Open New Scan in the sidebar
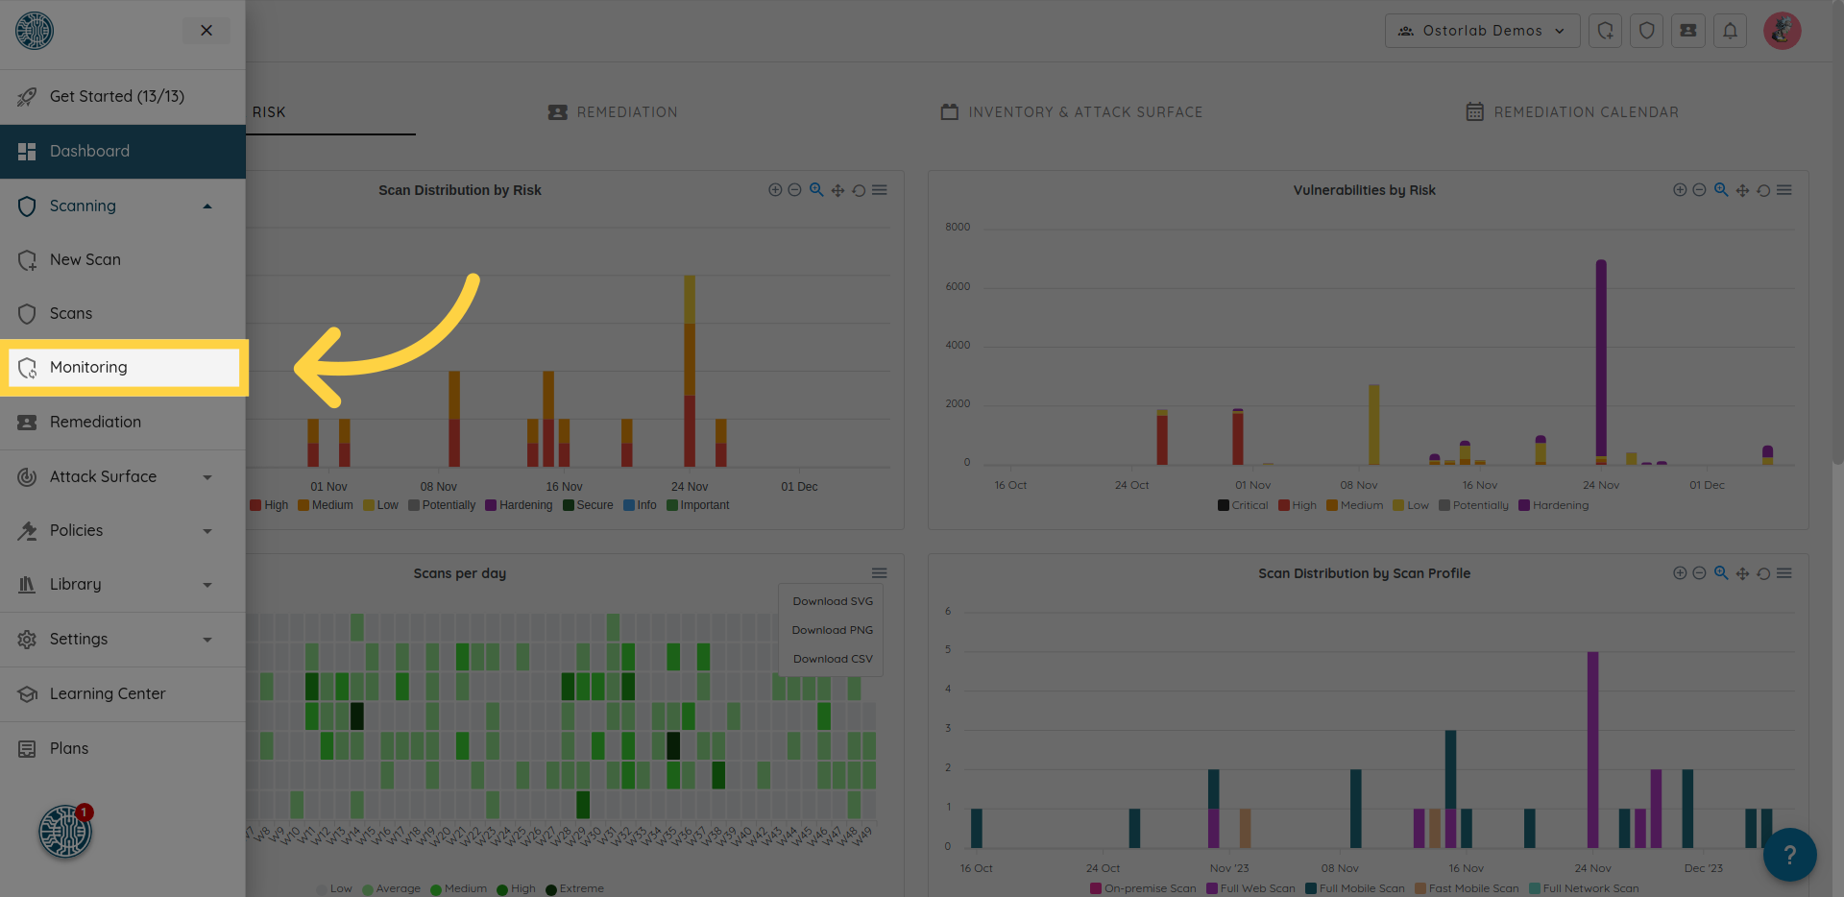[85, 260]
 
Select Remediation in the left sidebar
[95, 423]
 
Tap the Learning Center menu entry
[108, 694]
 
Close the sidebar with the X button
[206, 31]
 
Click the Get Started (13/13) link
[116, 97]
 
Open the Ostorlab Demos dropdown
[1482, 31]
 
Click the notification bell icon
[1730, 31]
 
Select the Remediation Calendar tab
[1585, 112]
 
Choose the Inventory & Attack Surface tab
[1084, 112]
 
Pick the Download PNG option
[832, 631]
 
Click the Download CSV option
[832, 660]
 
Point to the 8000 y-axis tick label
[958, 228]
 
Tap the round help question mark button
[1789, 855]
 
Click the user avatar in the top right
[1782, 31]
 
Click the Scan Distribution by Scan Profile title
[1364, 573]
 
